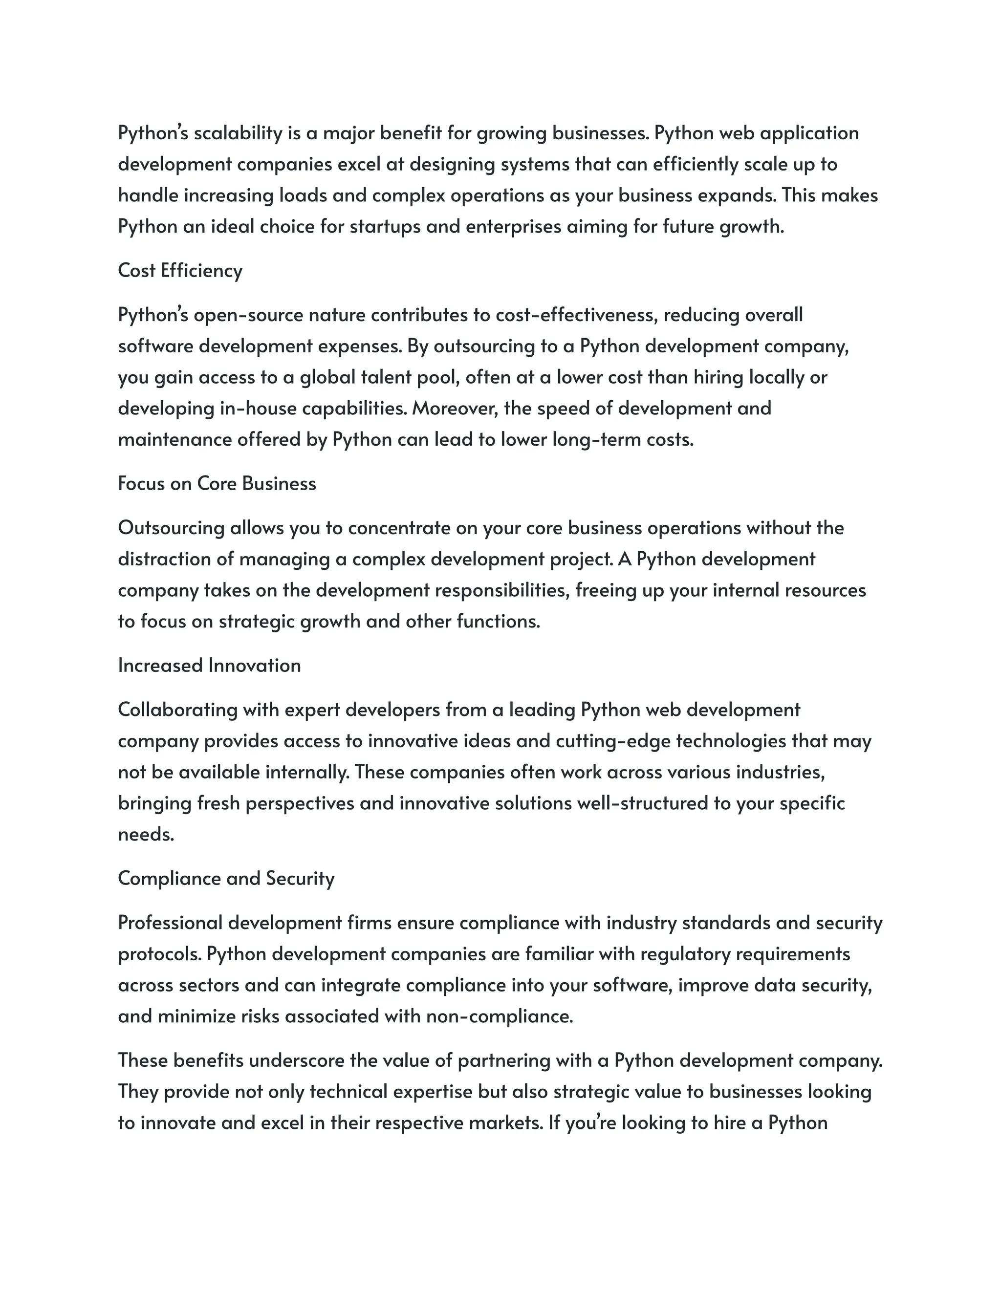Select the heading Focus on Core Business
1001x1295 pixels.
point(217,483)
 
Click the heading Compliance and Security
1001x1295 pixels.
point(226,878)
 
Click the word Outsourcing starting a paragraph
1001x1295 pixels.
point(171,528)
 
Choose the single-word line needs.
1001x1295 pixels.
point(146,834)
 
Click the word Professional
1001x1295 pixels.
point(170,923)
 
